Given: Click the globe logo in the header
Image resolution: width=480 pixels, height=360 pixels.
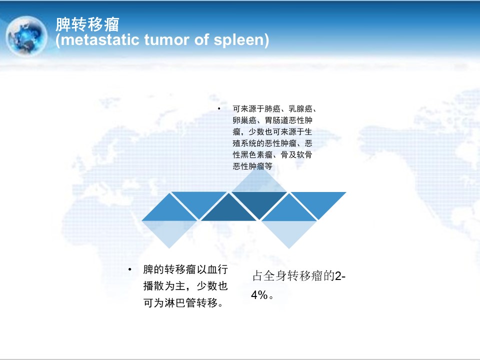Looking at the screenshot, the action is click(27, 36).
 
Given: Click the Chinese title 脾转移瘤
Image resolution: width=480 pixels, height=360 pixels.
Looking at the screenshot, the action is click(87, 24).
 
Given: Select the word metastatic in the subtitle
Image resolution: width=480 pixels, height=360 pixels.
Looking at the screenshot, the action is click(100, 40).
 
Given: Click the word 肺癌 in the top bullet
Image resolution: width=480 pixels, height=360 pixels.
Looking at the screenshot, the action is click(272, 108).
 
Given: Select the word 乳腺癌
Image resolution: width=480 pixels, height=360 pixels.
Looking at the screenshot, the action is click(300, 108).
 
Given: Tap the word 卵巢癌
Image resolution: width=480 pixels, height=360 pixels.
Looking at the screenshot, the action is click(244, 120).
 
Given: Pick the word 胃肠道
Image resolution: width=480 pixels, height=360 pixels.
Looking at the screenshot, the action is click(276, 120).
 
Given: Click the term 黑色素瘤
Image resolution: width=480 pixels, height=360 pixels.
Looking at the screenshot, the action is click(256, 155).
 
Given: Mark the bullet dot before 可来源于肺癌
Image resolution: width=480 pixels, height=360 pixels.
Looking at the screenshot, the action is click(219, 108).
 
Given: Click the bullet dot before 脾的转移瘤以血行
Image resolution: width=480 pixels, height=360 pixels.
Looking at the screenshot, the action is click(130, 269).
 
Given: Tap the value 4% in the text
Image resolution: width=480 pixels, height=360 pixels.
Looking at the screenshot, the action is click(259, 295).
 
